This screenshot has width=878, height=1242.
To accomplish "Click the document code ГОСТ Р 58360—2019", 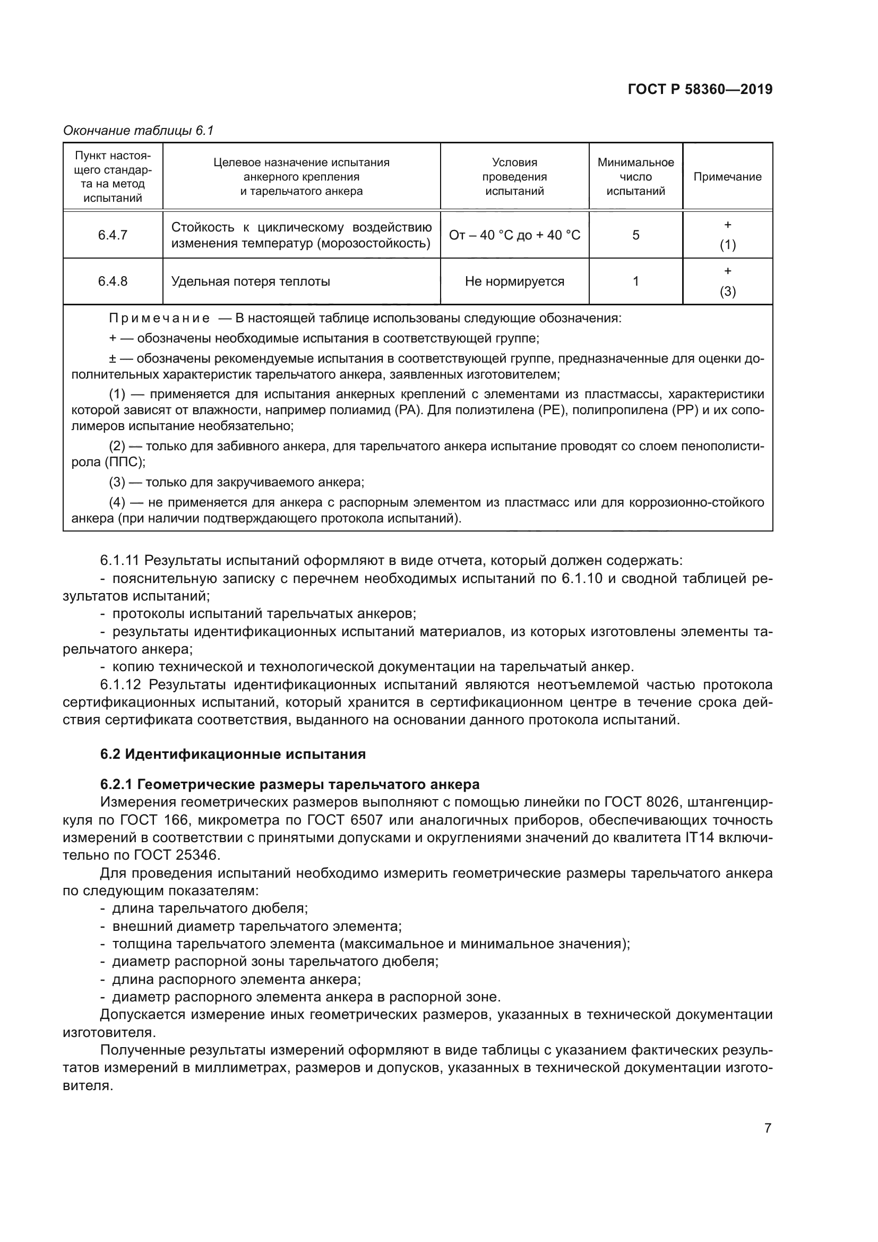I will [700, 89].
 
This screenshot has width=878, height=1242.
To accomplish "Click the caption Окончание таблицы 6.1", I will [139, 131].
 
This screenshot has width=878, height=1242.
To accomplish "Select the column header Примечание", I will [727, 177].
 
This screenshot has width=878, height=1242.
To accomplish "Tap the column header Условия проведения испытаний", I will [514, 177].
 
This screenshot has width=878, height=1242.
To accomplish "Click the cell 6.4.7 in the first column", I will [113, 235].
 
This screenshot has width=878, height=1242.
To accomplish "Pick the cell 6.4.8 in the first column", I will [113, 281].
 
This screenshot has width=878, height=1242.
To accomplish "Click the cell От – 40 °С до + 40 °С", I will [514, 235].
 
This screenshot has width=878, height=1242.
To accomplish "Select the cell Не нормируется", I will [514, 281].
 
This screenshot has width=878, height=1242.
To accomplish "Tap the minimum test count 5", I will [636, 235].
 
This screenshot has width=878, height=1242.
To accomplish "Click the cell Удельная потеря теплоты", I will [251, 281].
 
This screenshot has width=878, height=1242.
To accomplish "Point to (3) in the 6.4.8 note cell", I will [727, 292].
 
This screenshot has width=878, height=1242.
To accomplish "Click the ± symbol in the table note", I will [113, 358].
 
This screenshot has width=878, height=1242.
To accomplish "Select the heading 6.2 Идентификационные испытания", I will [233, 754].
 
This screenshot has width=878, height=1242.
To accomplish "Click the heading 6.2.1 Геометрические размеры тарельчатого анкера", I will [290, 784].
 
